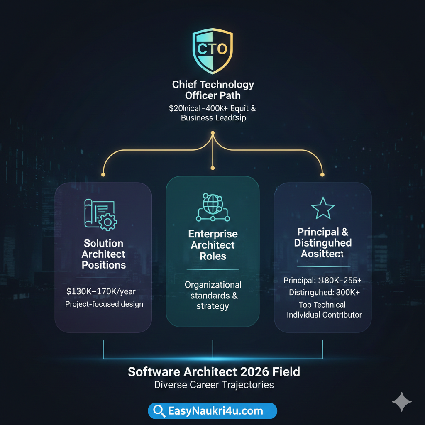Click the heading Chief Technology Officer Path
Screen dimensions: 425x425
pyautogui.click(x=213, y=90)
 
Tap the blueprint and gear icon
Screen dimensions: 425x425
pyautogui.click(x=100, y=214)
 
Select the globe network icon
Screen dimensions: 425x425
pyautogui.click(x=213, y=207)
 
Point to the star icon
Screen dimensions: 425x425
pyautogui.click(x=323, y=208)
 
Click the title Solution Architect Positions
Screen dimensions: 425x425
pyautogui.click(x=103, y=254)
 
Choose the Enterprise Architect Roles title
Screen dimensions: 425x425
pyautogui.click(x=213, y=245)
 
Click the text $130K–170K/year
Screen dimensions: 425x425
pyautogui.click(x=101, y=292)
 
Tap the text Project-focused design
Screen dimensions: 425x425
pyautogui.click(x=104, y=304)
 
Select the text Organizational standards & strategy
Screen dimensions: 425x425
pyautogui.click(x=213, y=296)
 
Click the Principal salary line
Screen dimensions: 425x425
pyautogui.click(x=322, y=281)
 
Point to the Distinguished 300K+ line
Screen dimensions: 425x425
pyautogui.click(x=324, y=293)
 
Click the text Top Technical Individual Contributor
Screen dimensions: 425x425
pyautogui.click(x=324, y=310)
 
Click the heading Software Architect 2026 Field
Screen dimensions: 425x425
pyautogui.click(x=214, y=371)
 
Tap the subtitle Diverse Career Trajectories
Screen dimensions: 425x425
pyautogui.click(x=214, y=385)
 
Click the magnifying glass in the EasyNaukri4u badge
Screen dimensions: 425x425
pyautogui.click(x=159, y=411)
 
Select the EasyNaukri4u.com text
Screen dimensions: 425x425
pyautogui.click(x=215, y=411)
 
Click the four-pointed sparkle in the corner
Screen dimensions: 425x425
pyautogui.click(x=401, y=402)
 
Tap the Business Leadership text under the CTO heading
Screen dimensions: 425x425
pyautogui.click(x=213, y=118)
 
